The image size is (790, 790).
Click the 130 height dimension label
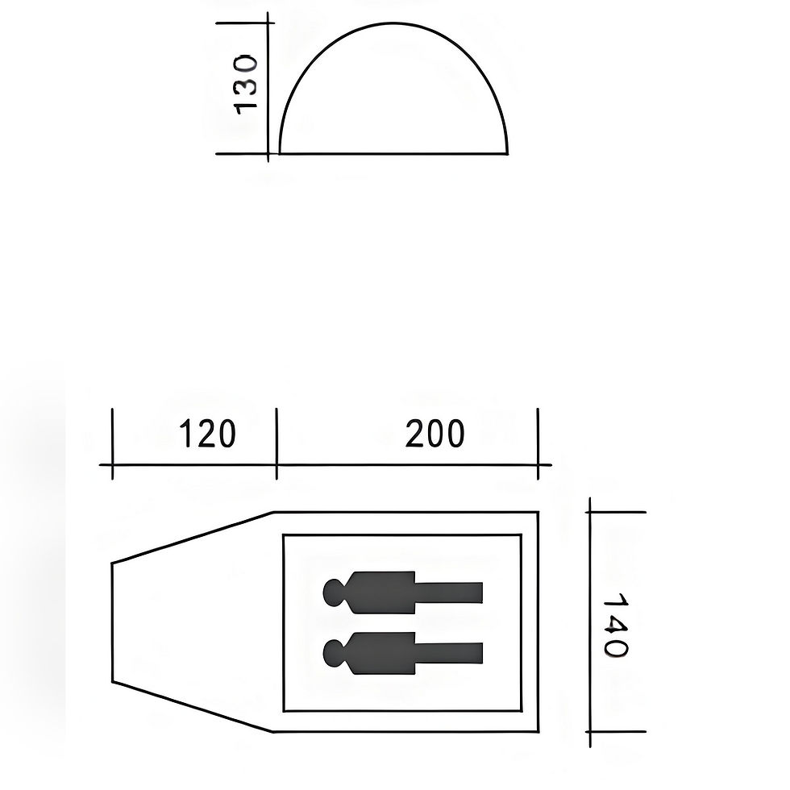click(247, 84)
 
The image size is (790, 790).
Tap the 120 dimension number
click(207, 434)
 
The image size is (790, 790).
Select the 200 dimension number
click(434, 434)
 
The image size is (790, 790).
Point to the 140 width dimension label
click(616, 625)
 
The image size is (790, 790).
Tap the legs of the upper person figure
click(449, 592)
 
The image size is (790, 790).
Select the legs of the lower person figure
click(449, 653)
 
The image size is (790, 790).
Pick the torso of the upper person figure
click(380, 592)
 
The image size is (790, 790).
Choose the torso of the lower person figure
click(380, 653)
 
